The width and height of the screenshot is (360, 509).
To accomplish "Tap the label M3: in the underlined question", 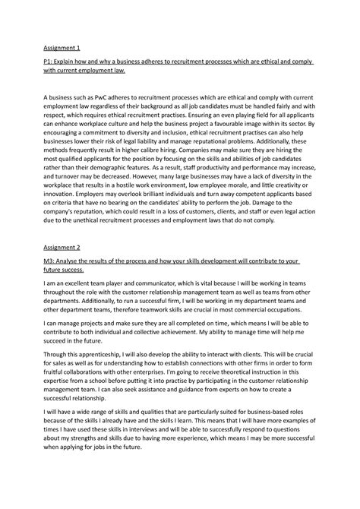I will (x=50, y=261).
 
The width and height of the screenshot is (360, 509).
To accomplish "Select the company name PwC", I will (x=111, y=98).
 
